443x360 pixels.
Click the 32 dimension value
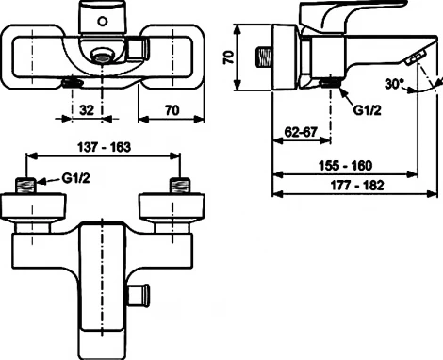pos(86,109)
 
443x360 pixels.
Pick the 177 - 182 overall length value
pos(345,186)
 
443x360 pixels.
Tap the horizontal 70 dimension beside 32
pos(171,109)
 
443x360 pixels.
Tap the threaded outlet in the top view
pos(69,84)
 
